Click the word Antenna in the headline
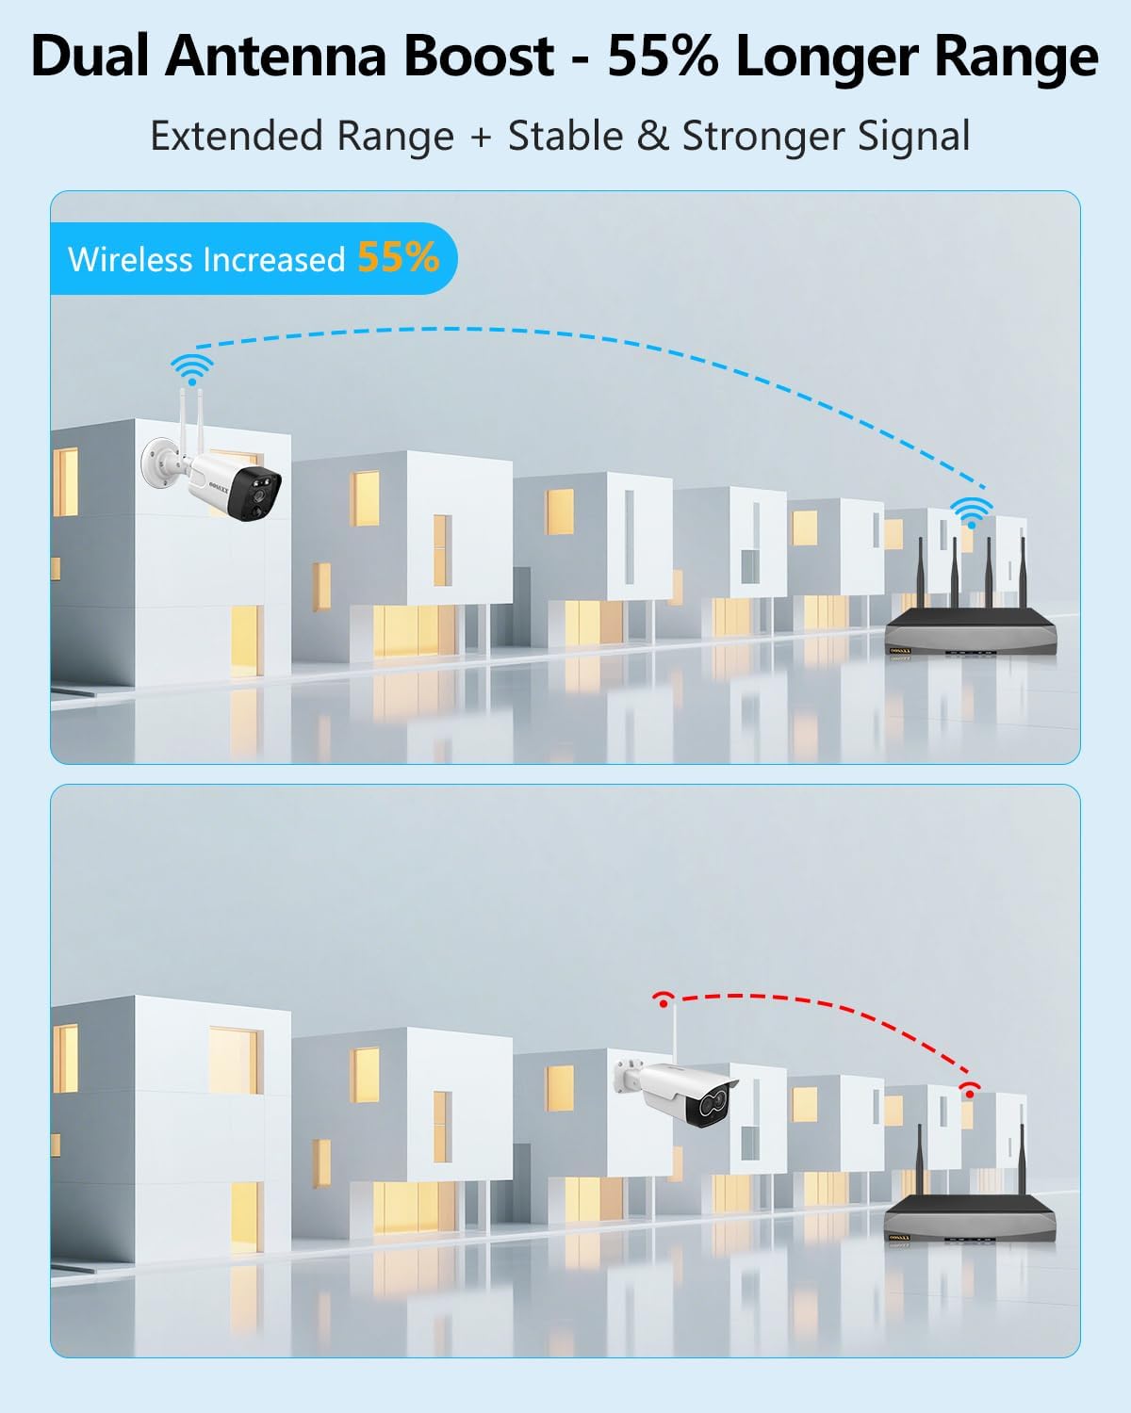click(276, 57)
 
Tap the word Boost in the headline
click(479, 57)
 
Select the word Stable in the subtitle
click(565, 137)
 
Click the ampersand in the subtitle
click(652, 137)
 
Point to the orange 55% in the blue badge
click(399, 257)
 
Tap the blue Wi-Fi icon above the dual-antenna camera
click(192, 369)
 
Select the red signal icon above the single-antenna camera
click(664, 1000)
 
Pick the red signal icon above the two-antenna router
click(969, 1091)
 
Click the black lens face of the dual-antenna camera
click(255, 493)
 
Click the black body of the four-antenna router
click(971, 629)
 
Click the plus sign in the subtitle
click(481, 138)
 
